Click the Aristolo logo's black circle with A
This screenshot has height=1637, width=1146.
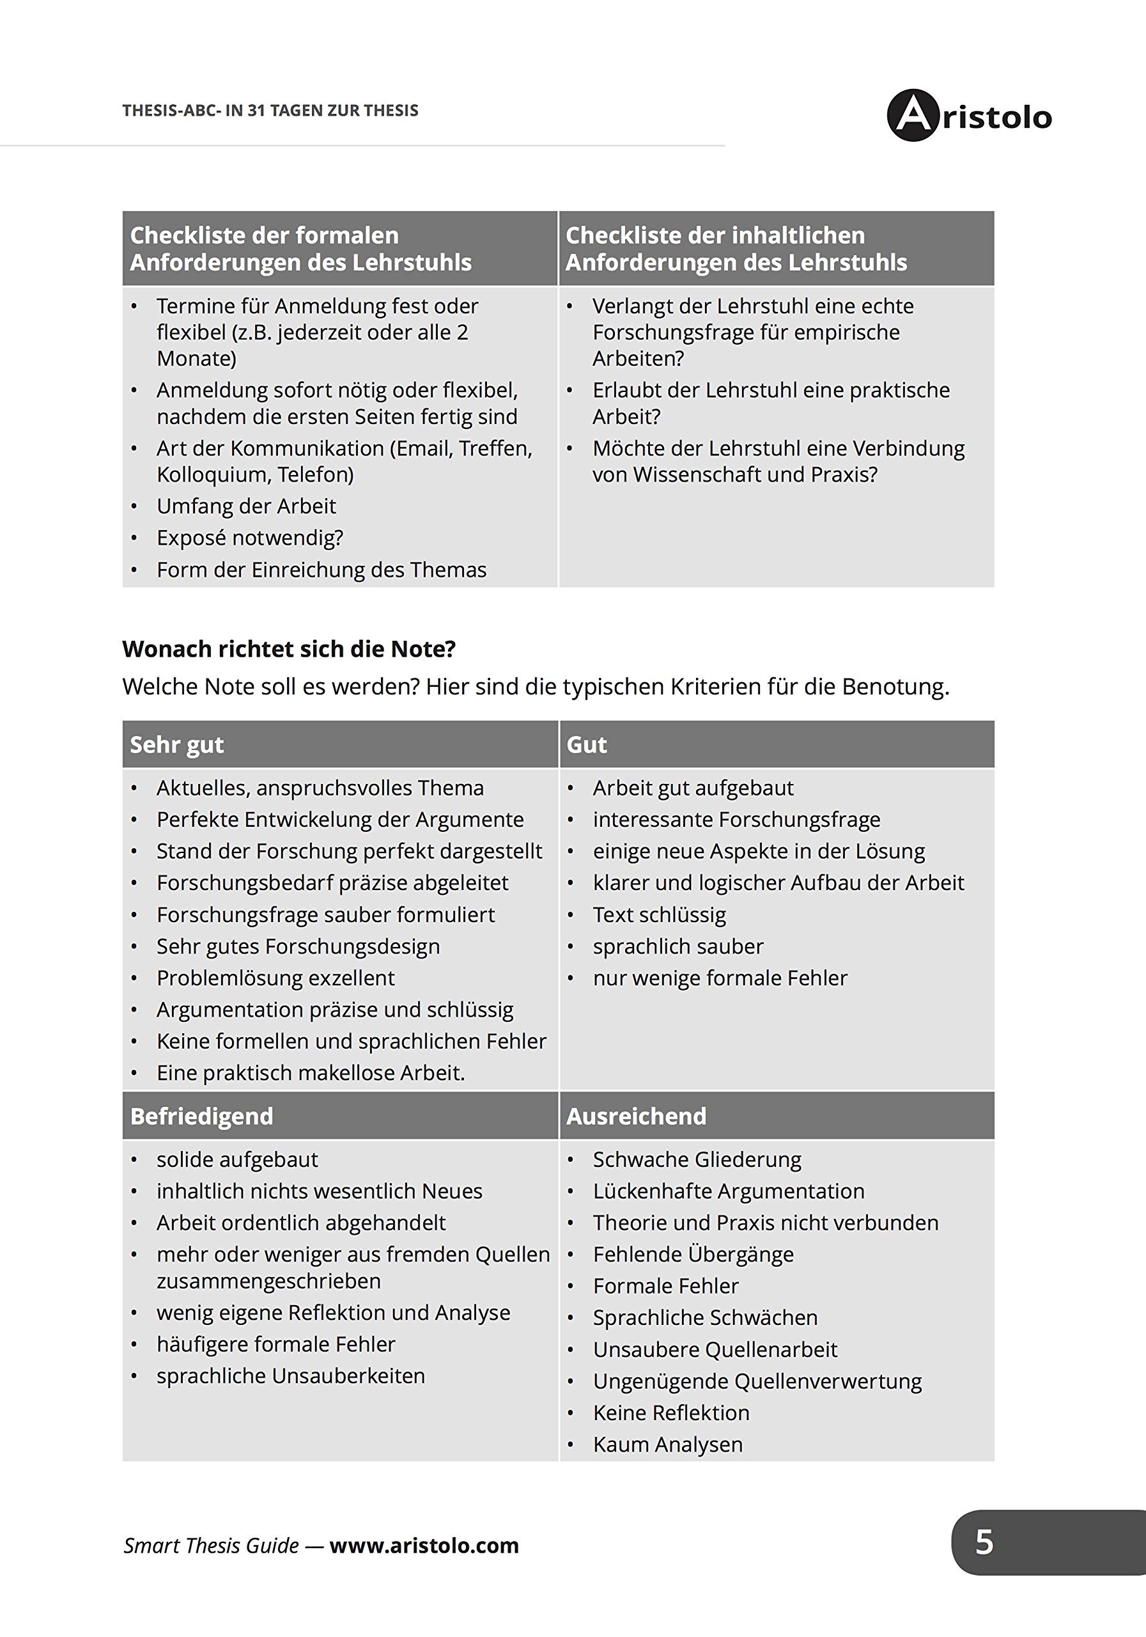coord(913,116)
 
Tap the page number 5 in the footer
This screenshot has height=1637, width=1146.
coord(984,1542)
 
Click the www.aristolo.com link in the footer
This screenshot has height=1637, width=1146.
coord(424,1545)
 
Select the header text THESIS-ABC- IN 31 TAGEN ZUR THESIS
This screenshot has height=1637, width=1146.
coord(270,111)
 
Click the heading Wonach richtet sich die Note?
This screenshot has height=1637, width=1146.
coord(289,649)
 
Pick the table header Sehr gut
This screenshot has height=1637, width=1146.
coord(177,744)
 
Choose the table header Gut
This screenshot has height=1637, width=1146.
coord(587,744)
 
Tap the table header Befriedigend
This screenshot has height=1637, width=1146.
coord(202,1116)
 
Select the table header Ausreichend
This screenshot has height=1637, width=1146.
coord(637,1116)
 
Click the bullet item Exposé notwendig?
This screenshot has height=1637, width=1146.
coord(249,538)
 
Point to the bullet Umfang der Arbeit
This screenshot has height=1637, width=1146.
coord(246,506)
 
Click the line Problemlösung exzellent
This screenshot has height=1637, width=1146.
coord(275,978)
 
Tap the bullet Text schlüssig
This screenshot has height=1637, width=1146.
coord(659,915)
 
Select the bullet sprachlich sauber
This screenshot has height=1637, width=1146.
coord(678,947)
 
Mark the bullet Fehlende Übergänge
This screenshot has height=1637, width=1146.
coord(693,1254)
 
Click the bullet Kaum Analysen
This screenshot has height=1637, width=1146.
coord(668,1445)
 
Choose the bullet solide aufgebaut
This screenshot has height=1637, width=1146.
coord(237,1159)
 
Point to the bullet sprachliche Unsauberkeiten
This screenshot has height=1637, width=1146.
coord(291,1375)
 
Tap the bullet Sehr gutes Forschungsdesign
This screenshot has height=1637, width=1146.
coord(298,947)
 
